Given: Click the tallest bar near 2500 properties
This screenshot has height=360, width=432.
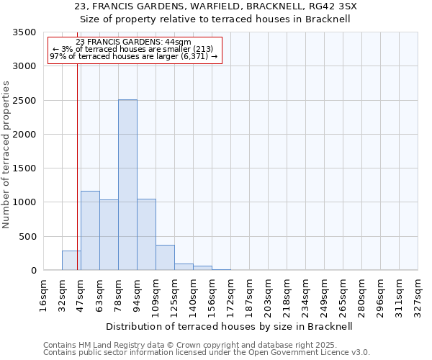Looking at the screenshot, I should coord(127,185).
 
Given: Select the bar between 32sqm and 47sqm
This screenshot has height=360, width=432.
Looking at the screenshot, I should coord(71,261).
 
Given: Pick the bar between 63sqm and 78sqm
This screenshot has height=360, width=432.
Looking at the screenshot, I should coord(109,235).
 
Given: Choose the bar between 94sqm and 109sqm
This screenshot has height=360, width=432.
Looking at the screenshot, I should coord(146,235).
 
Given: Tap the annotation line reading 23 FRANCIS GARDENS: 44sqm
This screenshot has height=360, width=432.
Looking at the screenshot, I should coord(133,42).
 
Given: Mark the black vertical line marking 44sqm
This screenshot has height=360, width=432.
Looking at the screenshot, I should coord(77,173).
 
